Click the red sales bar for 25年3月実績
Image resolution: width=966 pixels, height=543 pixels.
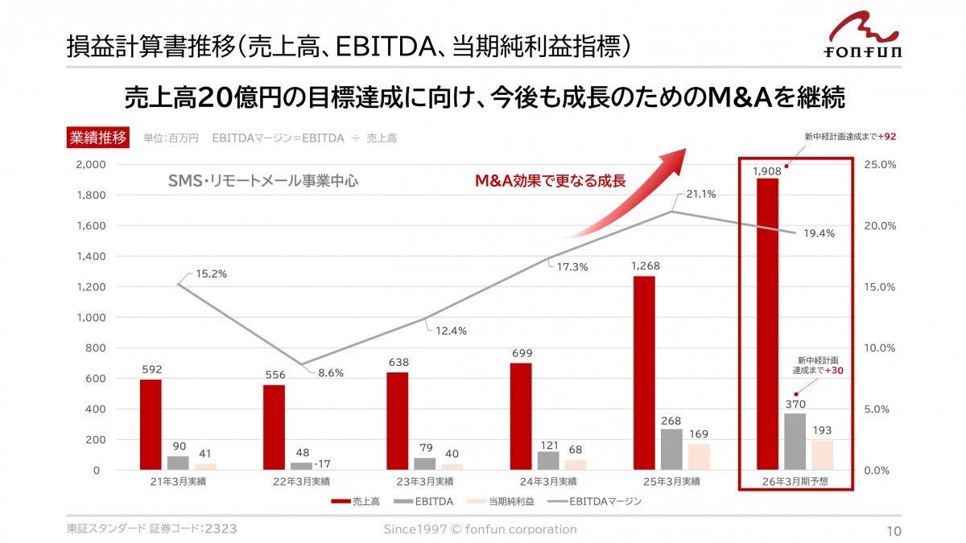(x=644, y=372)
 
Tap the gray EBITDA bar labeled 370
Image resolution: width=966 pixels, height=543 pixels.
(x=795, y=441)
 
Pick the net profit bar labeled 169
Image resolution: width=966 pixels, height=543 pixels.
(x=699, y=456)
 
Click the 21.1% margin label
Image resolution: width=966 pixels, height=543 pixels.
(x=701, y=195)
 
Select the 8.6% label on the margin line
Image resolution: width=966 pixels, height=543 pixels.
(x=331, y=372)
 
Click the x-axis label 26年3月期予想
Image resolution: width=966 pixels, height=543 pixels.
(x=795, y=481)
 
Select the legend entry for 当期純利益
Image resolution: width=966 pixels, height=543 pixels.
(x=502, y=501)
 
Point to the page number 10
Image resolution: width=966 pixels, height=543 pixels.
(x=894, y=530)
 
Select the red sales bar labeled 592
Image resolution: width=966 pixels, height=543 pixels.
(x=151, y=425)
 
